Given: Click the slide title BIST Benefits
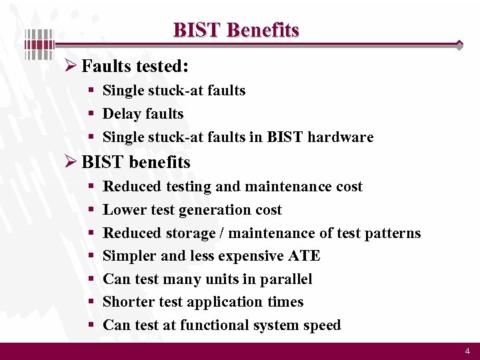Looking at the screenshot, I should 236,30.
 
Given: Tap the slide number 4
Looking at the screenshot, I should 467,351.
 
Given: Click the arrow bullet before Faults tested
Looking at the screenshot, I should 71,67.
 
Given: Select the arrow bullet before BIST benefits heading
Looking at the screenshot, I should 71,162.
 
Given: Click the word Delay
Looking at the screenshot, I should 121,114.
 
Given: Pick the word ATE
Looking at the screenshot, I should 306,256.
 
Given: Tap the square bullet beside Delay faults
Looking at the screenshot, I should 90,115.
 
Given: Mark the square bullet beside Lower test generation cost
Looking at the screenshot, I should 90,211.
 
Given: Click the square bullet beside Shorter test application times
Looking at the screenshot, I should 90,303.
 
